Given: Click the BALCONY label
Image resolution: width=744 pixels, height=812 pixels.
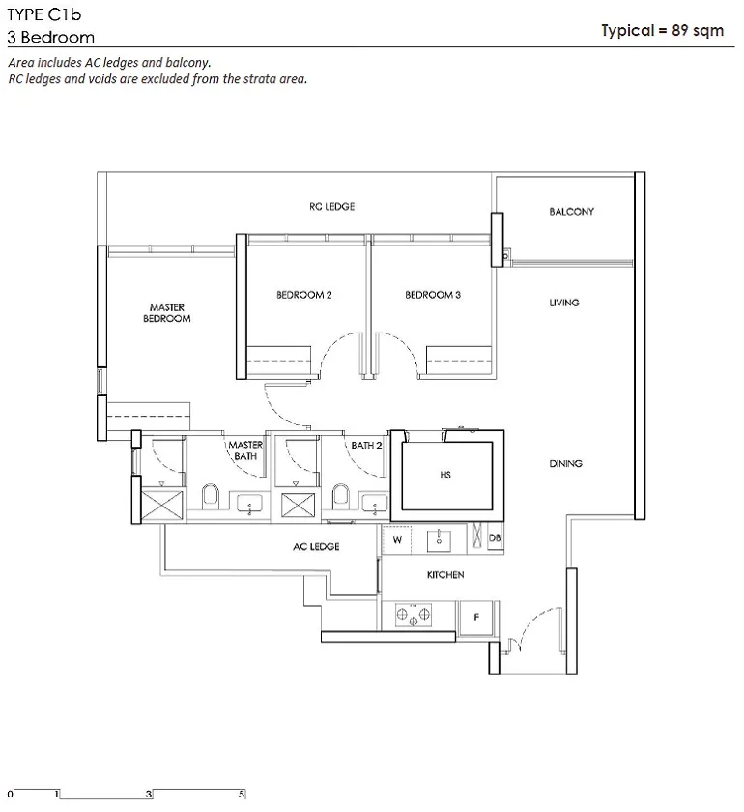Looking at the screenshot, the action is tap(571, 212).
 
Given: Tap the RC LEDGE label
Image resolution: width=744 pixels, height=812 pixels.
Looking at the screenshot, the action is tap(331, 206).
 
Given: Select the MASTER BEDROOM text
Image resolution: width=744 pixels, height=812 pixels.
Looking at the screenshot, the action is tap(167, 313).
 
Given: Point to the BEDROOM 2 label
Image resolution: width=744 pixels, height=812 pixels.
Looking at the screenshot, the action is tap(304, 295).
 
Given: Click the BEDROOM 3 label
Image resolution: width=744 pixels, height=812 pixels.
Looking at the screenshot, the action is tap(433, 295).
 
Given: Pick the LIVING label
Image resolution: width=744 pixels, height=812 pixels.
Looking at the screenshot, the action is tap(564, 303).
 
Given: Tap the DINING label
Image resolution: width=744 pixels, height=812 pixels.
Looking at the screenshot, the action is tap(565, 463).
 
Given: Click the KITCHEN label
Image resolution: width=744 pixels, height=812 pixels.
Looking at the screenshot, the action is tap(445, 575).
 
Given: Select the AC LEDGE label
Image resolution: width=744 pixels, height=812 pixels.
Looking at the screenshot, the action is tap(316, 546).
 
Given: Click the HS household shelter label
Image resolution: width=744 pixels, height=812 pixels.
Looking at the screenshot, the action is tap(445, 475).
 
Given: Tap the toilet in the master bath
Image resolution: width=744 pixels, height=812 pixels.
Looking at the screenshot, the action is tap(211, 496).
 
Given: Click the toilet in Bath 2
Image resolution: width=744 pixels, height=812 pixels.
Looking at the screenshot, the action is tap(341, 496).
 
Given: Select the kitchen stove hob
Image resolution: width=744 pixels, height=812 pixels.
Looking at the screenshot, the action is tap(414, 615).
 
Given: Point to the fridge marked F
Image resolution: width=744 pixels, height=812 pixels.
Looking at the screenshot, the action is tap(476, 618).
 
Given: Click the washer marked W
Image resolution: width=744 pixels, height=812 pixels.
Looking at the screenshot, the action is tap(397, 540).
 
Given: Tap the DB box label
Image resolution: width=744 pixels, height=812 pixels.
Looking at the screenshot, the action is tap(495, 538).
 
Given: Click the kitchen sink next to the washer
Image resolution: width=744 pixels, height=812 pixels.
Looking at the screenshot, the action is tap(439, 540).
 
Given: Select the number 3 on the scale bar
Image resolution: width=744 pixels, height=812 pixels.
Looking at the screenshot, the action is tap(149, 794).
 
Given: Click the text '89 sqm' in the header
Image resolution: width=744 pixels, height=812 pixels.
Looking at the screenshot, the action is tap(698, 31).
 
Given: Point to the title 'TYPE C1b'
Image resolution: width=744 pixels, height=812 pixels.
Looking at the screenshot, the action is tap(44, 14).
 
